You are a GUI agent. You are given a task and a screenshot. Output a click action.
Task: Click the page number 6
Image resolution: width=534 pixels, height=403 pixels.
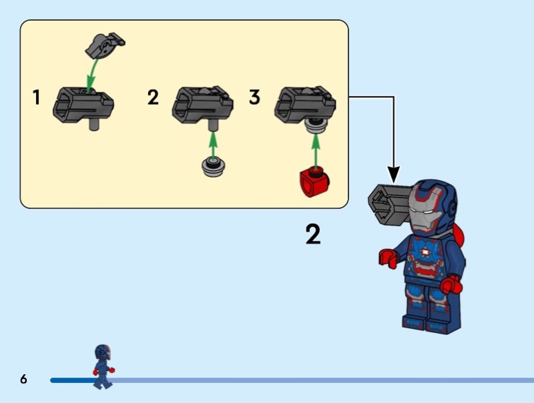pos(23,379)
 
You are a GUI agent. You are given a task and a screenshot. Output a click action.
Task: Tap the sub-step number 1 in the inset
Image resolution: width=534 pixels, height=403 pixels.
pos(37,97)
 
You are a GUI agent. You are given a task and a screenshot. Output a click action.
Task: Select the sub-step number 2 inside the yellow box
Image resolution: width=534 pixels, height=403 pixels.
pos(153,97)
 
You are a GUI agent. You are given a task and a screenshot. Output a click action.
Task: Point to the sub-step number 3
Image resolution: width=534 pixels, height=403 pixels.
pos(255,97)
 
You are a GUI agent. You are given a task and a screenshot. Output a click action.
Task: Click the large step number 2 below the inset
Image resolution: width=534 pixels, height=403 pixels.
pos(313,234)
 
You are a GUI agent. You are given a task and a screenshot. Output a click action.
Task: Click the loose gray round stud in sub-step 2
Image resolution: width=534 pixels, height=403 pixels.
pos(214,167)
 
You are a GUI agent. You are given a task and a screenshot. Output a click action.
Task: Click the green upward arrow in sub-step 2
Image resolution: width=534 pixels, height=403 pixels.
pos(213,145)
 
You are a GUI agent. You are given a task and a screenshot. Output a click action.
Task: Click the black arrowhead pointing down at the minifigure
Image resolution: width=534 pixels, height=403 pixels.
pos(394,174)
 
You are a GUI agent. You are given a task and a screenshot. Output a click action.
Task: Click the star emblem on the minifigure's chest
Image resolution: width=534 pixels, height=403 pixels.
pos(425,252)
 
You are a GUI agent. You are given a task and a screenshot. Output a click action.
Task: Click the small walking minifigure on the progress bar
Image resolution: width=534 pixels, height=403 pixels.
pos(103,366)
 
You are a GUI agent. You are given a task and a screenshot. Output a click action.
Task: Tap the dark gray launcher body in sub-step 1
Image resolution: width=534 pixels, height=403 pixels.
pos(83,105)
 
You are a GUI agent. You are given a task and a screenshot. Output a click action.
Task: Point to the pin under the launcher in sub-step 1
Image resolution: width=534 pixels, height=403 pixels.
pos(94,124)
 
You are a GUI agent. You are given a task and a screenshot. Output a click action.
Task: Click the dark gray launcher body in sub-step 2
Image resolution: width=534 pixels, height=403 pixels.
pos(202,104)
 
